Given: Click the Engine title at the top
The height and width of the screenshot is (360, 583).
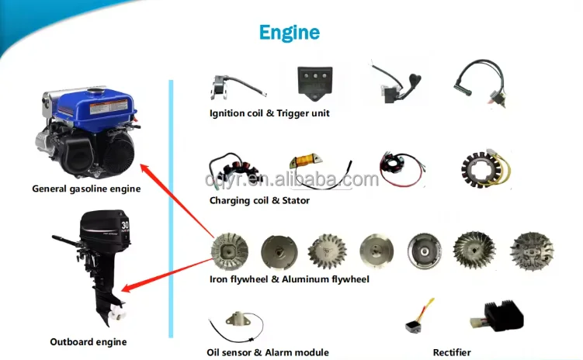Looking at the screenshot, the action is coord(289,32).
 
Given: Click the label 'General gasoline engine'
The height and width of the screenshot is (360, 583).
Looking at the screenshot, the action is coord(86,189).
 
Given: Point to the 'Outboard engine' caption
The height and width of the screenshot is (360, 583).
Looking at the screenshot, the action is coord(88,341).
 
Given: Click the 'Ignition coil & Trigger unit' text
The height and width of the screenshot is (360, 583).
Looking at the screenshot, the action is coord(269,113).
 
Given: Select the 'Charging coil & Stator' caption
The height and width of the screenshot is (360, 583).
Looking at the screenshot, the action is coord(259,200).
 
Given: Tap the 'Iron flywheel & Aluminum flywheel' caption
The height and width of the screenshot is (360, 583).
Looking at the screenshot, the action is coord(289,279).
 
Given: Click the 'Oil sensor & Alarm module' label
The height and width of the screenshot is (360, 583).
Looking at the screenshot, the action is coord(269,352).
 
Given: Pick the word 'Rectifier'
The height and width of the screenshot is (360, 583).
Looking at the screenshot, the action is coord(452,352).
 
